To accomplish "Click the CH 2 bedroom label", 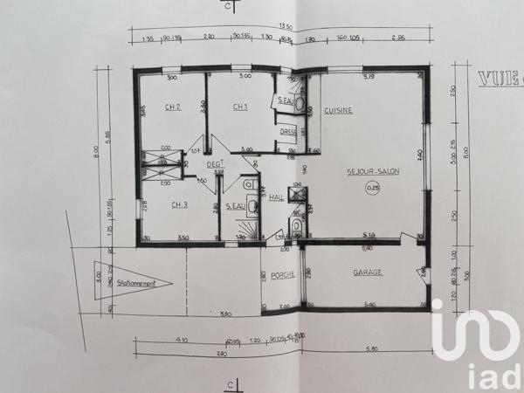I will [x=172, y=107].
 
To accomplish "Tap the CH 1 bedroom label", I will [x=240, y=107].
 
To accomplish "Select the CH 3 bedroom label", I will [x=179, y=205].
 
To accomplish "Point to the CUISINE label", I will [x=338, y=111].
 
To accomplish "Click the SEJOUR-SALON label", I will [x=372, y=171].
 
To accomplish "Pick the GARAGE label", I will [x=369, y=272].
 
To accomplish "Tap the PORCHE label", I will [x=282, y=274].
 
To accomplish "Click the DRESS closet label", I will [x=287, y=133].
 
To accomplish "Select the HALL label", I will [x=277, y=198].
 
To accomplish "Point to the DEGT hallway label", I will [x=214, y=163].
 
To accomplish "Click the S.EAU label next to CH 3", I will [x=234, y=207].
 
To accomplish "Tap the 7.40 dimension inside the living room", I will [x=420, y=155].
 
